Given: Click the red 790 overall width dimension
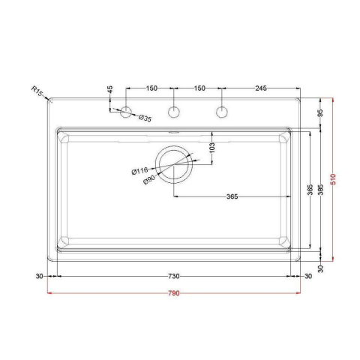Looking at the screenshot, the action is tap(174, 293).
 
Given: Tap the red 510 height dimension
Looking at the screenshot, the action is tap(333, 179).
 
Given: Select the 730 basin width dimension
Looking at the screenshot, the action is tap(174, 276).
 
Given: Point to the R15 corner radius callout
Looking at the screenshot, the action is tap(37, 91).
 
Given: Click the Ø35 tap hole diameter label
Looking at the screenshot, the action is tap(145, 118).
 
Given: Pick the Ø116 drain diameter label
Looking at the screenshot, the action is tap(139, 171).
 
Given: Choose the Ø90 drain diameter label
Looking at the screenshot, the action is tap(149, 180).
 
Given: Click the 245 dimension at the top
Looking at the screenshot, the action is tap(261, 88).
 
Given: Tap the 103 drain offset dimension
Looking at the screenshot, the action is tap(212, 148).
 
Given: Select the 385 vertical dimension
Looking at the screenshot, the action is tap(321, 190).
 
